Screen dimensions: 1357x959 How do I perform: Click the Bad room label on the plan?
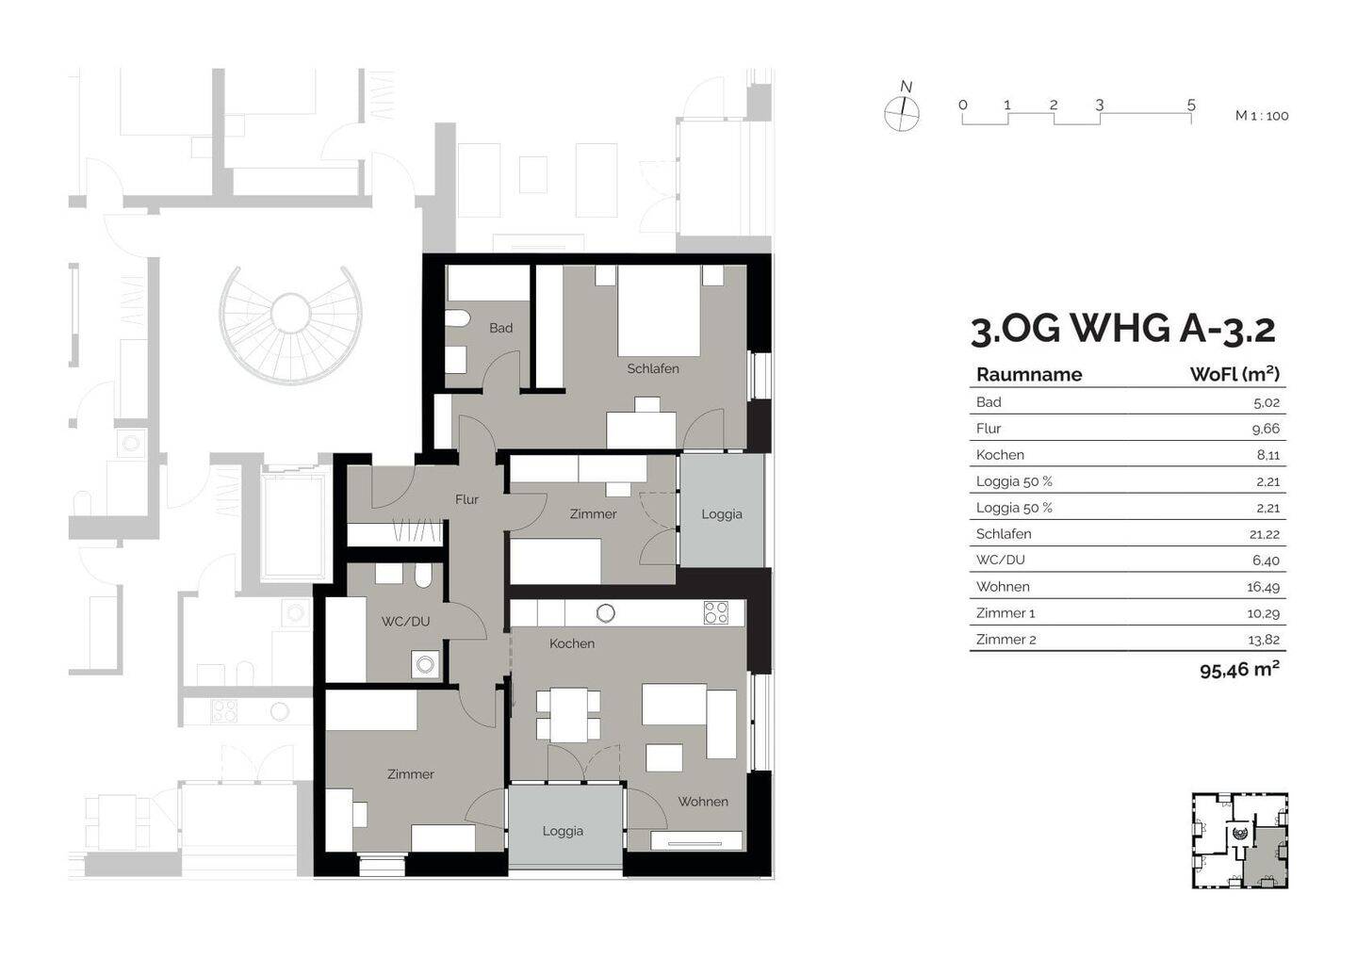[x=501, y=328]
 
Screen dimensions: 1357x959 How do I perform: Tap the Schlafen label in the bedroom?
[x=653, y=368]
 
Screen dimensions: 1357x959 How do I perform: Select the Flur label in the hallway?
[x=466, y=499]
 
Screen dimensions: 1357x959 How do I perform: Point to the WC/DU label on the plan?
[x=405, y=621]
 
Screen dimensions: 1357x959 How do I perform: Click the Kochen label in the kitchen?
[x=572, y=643]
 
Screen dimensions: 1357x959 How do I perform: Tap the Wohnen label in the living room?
[x=703, y=802]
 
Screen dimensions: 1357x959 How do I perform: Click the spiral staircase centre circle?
[x=291, y=314]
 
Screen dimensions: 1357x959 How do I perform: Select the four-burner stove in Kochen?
[x=715, y=612]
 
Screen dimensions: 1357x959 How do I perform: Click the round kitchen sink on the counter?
[x=605, y=613]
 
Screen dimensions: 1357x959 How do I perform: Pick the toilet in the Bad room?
[x=457, y=318]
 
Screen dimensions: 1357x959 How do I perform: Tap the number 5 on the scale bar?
[x=1191, y=106]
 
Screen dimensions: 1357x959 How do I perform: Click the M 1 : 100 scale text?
[x=1262, y=116]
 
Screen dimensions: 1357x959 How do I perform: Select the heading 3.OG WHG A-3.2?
[x=1123, y=331]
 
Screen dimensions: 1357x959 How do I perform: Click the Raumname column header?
[x=1029, y=375]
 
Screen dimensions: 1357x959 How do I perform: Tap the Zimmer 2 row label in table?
[x=1005, y=640]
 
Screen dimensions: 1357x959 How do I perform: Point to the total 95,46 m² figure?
[x=1239, y=670]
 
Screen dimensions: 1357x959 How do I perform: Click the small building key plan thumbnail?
[x=1240, y=840]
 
